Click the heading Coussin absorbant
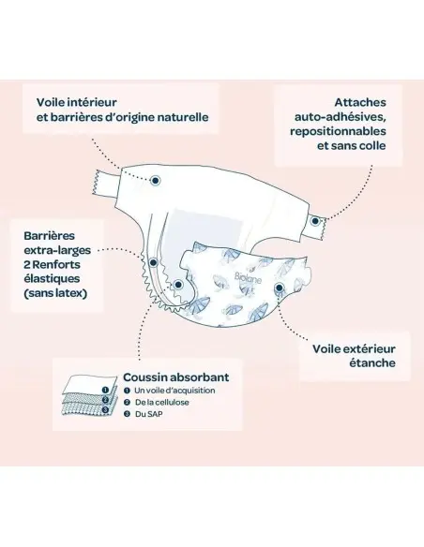pyautogui.click(x=176, y=377)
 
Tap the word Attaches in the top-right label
pyautogui.click(x=360, y=102)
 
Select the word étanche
pyautogui.click(x=372, y=362)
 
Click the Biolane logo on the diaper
pyautogui.click(x=248, y=278)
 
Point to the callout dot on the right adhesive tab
pyautogui.click(x=315, y=221)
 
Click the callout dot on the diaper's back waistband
pyautogui.click(x=155, y=181)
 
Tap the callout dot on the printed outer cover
pyautogui.click(x=279, y=288)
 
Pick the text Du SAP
pyautogui.click(x=149, y=414)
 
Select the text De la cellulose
pyautogui.click(x=162, y=402)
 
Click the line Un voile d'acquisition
pyautogui.click(x=174, y=391)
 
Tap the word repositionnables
pyautogui.click(x=338, y=131)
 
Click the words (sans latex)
pyautogui.click(x=55, y=293)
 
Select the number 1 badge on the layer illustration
pyautogui.click(x=105, y=390)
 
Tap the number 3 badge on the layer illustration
pyautogui.click(x=105, y=409)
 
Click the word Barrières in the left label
pyautogui.click(x=49, y=235)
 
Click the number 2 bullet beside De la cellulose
pyautogui.click(x=128, y=402)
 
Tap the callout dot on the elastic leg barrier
pyautogui.click(x=153, y=262)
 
